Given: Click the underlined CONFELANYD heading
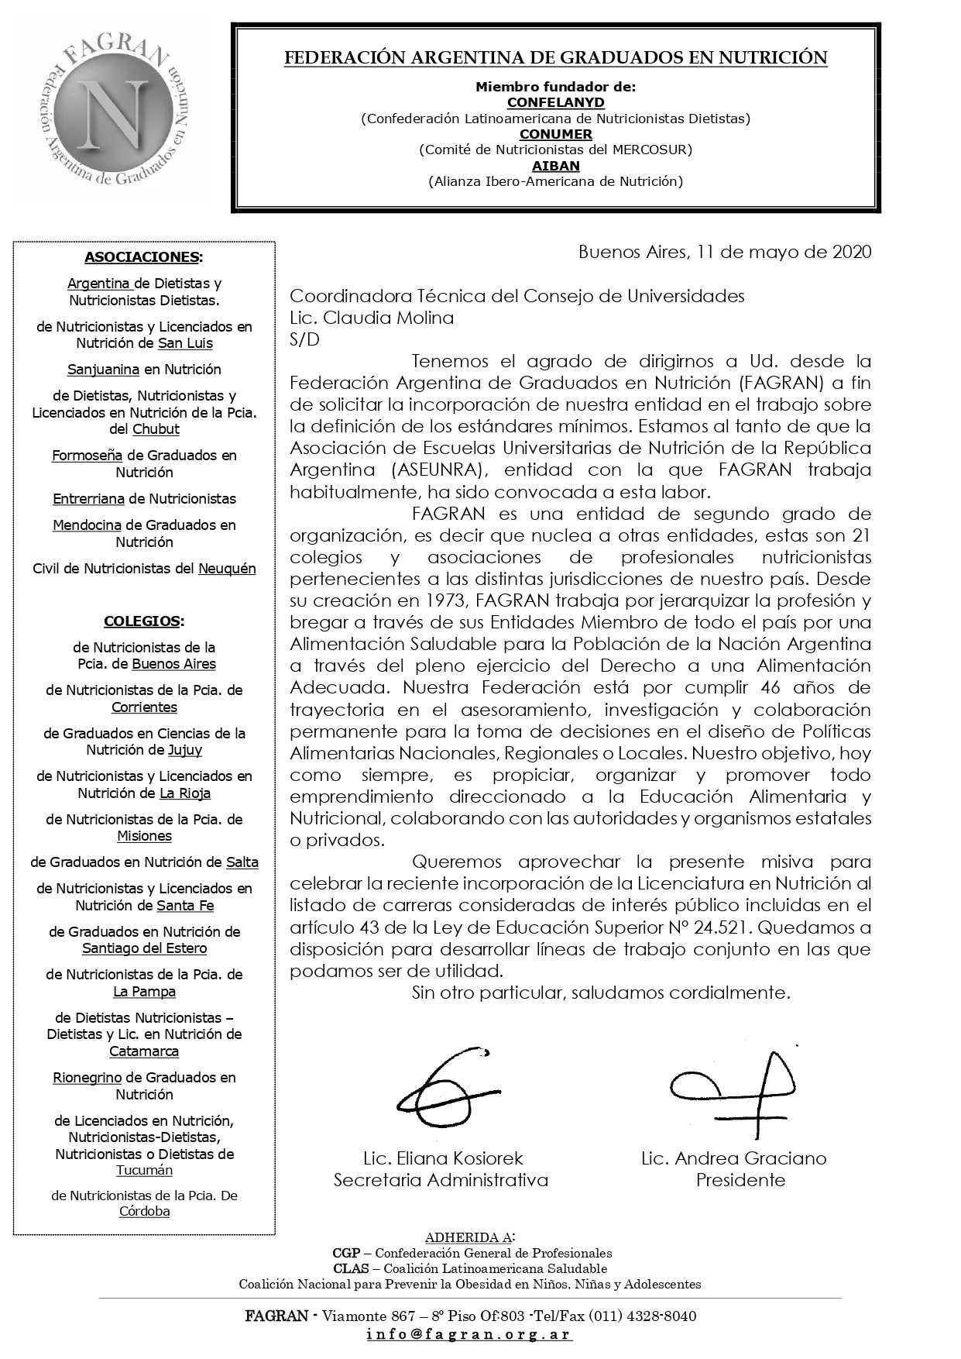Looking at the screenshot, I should [x=555, y=102].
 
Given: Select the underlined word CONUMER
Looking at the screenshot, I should [x=555, y=134].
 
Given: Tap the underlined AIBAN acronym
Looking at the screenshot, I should [x=555, y=166].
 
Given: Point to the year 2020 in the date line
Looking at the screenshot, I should [x=852, y=252].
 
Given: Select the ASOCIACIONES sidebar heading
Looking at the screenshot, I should [x=143, y=257].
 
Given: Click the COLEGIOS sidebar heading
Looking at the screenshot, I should [x=143, y=621].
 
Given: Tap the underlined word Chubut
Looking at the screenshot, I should [x=156, y=429].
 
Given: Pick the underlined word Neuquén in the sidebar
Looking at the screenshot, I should [x=227, y=569].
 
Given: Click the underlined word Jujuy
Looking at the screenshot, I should [x=185, y=750].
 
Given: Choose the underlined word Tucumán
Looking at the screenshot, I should [x=144, y=1171].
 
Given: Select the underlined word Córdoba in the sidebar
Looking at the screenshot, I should [x=144, y=1212].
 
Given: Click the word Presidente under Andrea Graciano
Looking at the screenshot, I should [x=740, y=1180].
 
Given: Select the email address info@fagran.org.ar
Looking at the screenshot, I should [x=469, y=1335].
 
